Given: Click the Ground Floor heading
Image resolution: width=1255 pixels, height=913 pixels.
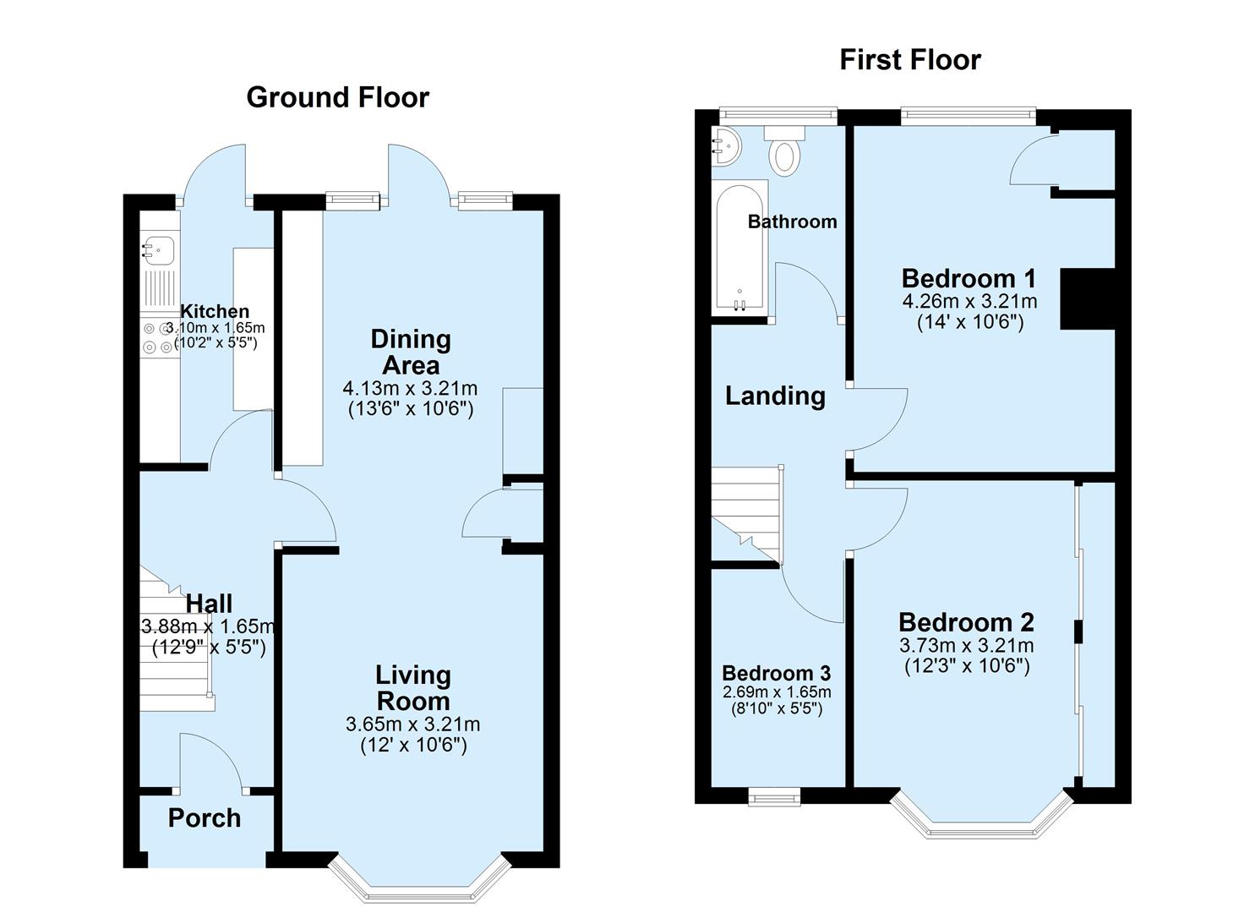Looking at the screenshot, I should (x=337, y=97).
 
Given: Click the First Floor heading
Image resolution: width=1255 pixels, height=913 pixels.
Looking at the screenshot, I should (x=909, y=60).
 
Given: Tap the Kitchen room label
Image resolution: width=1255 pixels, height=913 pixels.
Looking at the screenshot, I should (x=216, y=311).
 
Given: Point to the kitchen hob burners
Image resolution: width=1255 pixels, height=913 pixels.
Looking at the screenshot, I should (x=157, y=337).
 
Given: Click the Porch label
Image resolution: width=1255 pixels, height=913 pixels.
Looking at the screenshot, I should (x=205, y=817).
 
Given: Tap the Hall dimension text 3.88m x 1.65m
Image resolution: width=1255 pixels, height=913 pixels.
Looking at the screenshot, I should (x=208, y=626).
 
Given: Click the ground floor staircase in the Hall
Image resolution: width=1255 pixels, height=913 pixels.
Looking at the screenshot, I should (x=175, y=634).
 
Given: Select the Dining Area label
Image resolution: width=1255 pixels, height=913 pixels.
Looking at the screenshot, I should (x=411, y=352).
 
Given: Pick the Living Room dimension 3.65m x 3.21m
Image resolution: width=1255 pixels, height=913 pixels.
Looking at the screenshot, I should (x=412, y=724).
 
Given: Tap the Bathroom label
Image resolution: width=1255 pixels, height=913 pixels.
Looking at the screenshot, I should (x=792, y=221).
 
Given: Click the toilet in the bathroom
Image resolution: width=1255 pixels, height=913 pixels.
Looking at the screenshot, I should (x=785, y=152).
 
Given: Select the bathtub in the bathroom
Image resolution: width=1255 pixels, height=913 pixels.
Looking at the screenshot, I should (x=740, y=248).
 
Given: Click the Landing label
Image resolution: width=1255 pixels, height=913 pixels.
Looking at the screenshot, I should (x=775, y=396).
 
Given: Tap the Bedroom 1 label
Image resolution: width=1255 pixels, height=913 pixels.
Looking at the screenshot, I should (x=969, y=278).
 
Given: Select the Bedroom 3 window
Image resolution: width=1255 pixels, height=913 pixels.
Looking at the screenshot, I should (x=775, y=795).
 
